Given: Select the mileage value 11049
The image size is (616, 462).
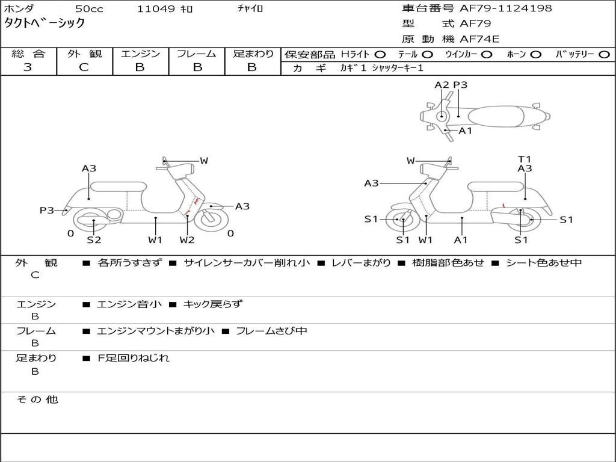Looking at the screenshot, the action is click(x=156, y=9).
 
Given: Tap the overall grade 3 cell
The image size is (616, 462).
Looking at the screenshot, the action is click(x=28, y=67).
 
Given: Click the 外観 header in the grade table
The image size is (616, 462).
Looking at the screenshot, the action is click(x=84, y=54).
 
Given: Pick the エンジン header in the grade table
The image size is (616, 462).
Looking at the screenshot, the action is click(x=140, y=54).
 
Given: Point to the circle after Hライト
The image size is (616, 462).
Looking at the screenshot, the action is click(x=380, y=55).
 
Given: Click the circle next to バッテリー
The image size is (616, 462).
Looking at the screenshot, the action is click(x=604, y=55).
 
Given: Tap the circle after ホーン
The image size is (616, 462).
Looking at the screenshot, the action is click(x=535, y=55).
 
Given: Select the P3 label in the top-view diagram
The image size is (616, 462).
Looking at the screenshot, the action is click(x=460, y=85).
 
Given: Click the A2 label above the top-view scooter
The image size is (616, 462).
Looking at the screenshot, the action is click(x=442, y=85).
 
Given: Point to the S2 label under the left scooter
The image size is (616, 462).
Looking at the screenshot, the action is click(x=94, y=240).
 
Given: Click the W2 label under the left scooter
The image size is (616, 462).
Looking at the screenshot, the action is click(x=187, y=240).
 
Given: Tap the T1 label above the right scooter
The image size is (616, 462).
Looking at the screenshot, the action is click(x=525, y=159).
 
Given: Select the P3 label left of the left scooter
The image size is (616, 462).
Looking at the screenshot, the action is click(x=47, y=210).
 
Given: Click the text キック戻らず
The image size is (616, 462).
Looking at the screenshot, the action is click(x=212, y=304).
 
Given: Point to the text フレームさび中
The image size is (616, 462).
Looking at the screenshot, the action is click(x=271, y=331).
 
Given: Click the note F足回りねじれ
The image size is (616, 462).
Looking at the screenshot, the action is click(x=134, y=358).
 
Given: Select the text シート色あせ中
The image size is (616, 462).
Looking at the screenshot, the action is click(x=544, y=263).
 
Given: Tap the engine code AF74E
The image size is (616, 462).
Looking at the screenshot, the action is click(x=479, y=39).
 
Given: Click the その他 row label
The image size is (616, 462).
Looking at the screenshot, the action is click(x=37, y=399).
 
